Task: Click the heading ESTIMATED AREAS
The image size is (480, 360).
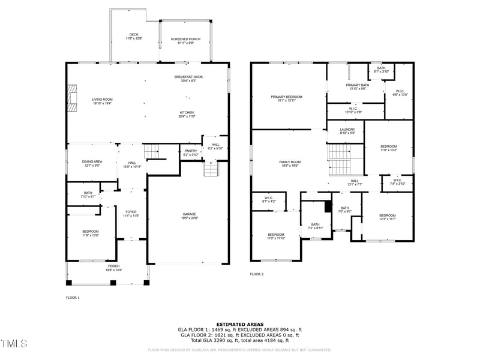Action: [x=239, y=324]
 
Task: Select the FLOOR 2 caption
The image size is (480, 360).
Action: [x=257, y=274]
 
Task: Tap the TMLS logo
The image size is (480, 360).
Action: [x=14, y=344]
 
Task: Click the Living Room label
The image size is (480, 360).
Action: [x=102, y=101]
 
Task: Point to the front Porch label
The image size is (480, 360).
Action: [x=113, y=268]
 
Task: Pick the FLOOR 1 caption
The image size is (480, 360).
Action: [x=73, y=298]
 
